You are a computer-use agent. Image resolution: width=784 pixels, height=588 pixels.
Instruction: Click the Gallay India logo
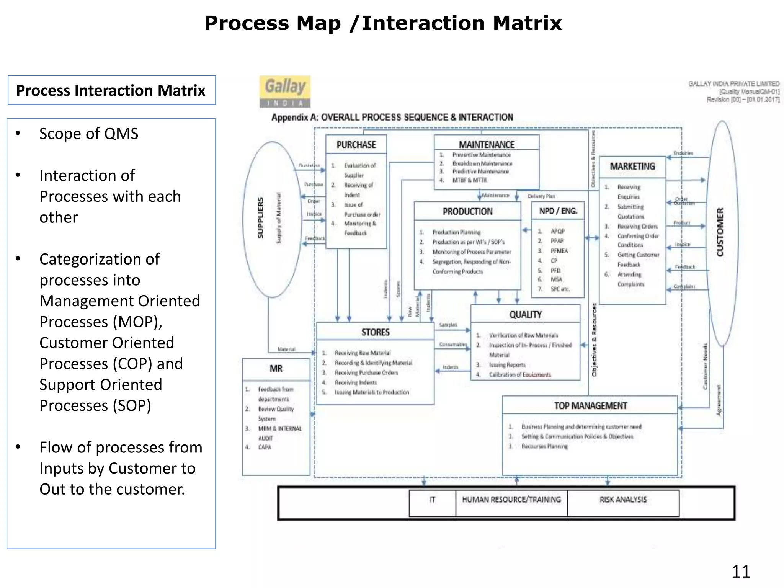pyautogui.click(x=285, y=91)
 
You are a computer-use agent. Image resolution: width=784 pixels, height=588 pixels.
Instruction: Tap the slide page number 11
pyautogui.click(x=740, y=572)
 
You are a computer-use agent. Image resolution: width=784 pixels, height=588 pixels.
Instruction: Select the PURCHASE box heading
pyautogui.click(x=356, y=145)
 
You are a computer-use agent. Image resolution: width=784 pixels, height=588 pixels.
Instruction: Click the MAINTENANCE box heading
pyautogui.click(x=487, y=145)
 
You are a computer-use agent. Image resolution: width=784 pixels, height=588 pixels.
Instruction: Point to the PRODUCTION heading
pyautogui.click(x=467, y=212)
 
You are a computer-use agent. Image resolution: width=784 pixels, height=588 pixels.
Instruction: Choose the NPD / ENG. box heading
pyautogui.click(x=558, y=211)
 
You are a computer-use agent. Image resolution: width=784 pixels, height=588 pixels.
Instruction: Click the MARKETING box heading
pyautogui.click(x=632, y=167)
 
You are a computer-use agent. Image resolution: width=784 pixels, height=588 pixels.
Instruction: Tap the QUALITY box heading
pyautogui.click(x=525, y=315)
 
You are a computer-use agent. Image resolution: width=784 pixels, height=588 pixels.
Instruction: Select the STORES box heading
pyautogui.click(x=375, y=332)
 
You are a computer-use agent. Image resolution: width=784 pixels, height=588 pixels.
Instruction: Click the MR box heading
pyautogui.click(x=276, y=369)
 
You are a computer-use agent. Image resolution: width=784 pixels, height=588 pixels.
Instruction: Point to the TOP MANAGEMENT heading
pyautogui.click(x=590, y=406)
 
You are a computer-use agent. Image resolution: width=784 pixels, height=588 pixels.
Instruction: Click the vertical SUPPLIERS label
pyautogui.click(x=261, y=218)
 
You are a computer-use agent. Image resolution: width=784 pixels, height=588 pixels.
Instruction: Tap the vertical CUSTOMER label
pyautogui.click(x=720, y=232)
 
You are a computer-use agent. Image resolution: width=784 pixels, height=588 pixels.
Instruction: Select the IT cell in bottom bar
pyautogui.click(x=432, y=500)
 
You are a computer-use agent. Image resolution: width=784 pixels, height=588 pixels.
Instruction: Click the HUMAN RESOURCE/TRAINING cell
pyautogui.click(x=511, y=500)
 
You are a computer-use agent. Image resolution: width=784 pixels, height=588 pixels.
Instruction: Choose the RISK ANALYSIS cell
pyautogui.click(x=623, y=500)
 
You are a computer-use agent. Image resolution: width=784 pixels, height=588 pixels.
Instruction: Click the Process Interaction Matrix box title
pyautogui.click(x=111, y=91)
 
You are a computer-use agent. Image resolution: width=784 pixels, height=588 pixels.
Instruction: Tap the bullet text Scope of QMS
pyautogui.click(x=89, y=134)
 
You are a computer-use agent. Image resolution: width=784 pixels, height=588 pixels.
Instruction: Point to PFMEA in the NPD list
pyautogui.click(x=559, y=251)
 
